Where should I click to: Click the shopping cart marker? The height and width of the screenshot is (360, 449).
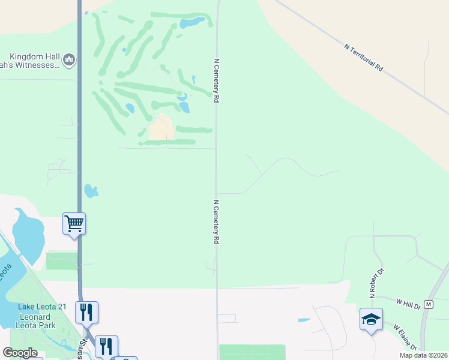[74, 224]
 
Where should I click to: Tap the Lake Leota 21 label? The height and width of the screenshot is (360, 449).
[41, 307]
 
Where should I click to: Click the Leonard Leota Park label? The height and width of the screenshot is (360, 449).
[37, 321]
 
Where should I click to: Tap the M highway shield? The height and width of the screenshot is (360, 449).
[428, 304]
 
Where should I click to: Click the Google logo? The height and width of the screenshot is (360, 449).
[20, 353]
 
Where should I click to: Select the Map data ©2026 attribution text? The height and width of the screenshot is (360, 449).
[424, 355]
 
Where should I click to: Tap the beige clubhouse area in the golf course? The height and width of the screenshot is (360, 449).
[161, 128]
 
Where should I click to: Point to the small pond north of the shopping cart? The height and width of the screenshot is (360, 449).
[91, 191]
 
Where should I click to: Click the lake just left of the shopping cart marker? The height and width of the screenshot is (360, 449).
[27, 235]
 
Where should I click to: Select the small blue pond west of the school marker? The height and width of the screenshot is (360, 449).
[304, 320]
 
